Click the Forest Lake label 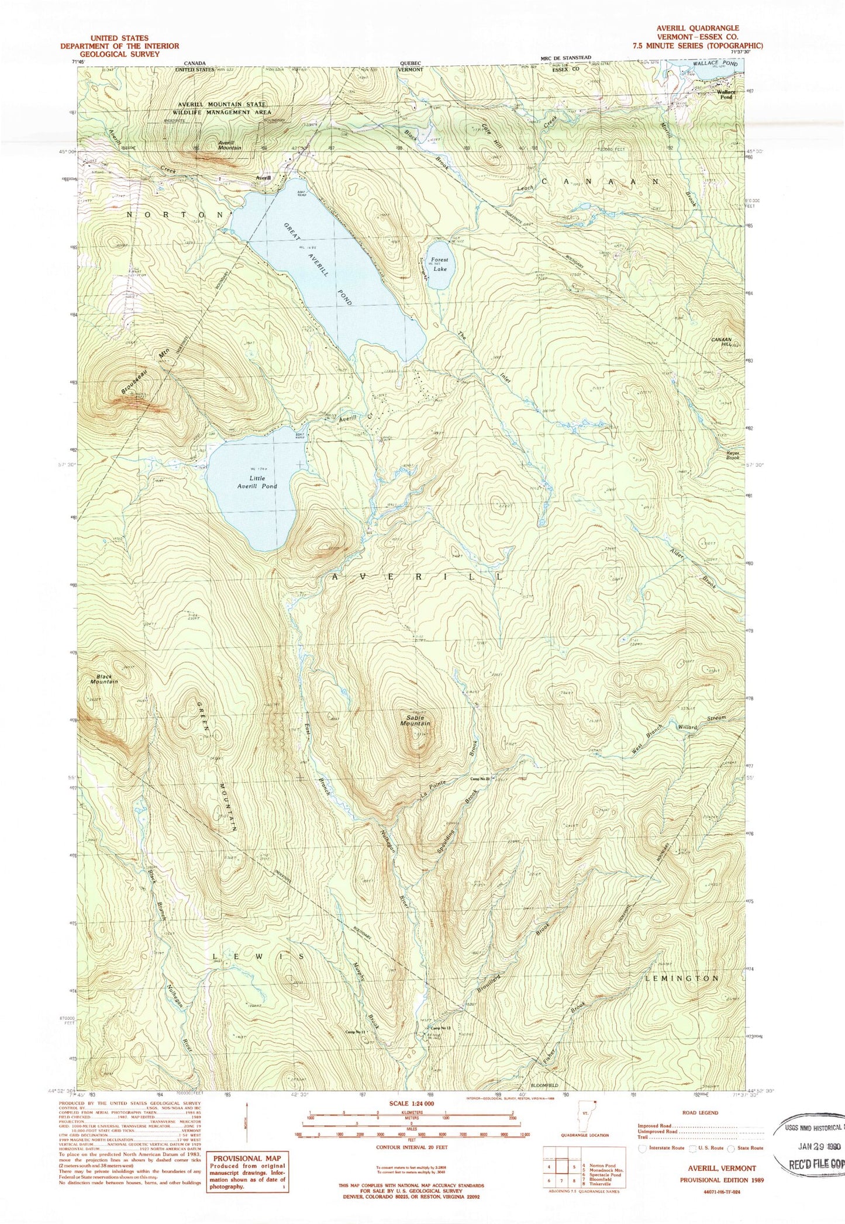[x=439, y=264]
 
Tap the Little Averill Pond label [x=257, y=482]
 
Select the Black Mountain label [x=104, y=679]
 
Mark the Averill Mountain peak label [x=230, y=146]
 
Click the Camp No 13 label [x=441, y=1028]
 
